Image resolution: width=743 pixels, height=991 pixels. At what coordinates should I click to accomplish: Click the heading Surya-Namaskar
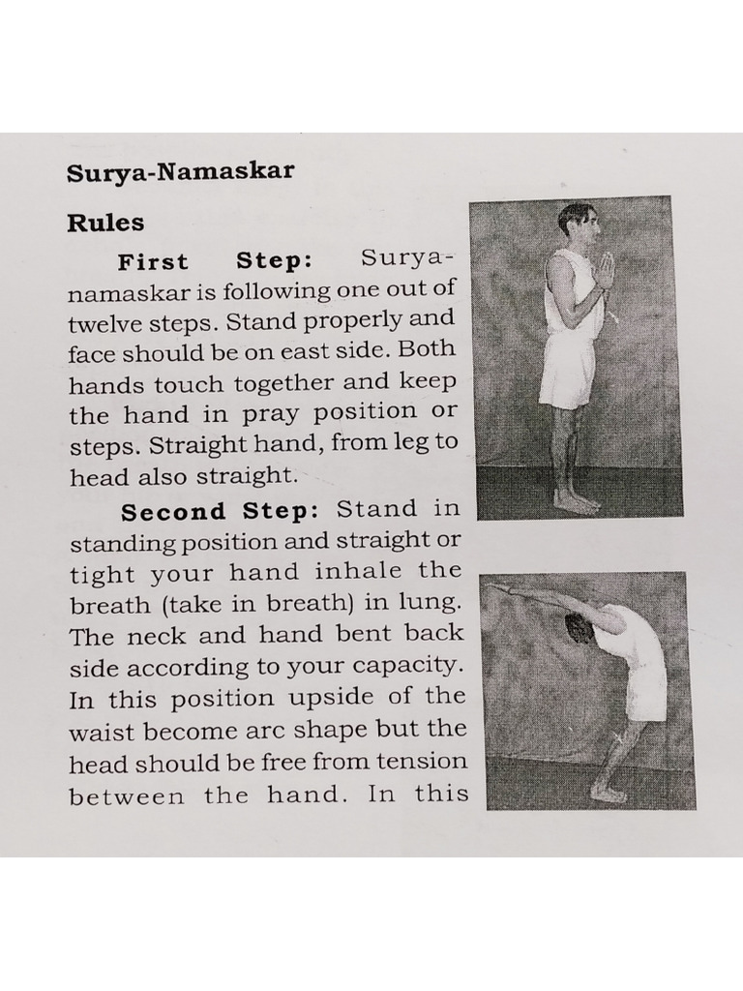pos(180,173)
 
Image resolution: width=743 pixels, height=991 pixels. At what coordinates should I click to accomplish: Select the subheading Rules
pos(105,223)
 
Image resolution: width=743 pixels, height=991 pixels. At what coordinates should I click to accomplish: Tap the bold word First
pos(153,262)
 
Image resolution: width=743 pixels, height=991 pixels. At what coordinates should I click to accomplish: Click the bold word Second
pos(173,512)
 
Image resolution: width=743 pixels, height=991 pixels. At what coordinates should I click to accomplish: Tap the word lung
pos(432,604)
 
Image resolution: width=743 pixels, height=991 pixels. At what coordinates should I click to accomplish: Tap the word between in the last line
pos(127,796)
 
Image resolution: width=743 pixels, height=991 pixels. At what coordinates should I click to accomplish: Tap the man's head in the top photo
pos(578,223)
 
